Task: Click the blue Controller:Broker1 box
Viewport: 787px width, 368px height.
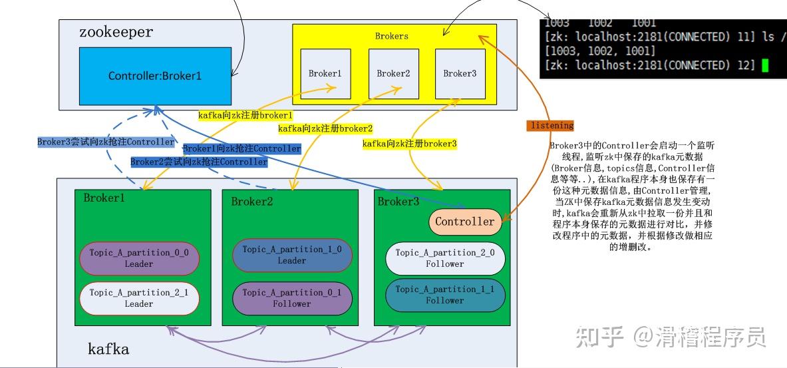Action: (155, 75)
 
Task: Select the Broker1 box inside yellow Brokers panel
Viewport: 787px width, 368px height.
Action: (325, 74)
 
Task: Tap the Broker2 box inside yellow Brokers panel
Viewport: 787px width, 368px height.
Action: (393, 74)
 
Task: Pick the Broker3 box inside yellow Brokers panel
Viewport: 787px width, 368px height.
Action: (460, 74)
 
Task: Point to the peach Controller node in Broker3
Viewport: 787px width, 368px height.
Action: (465, 222)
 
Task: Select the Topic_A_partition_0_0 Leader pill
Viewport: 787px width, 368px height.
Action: (139, 258)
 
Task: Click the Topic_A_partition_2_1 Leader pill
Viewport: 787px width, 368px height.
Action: (139, 297)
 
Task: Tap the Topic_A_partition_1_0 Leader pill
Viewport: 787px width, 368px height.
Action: (292, 254)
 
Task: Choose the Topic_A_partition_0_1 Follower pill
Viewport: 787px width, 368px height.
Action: (292, 297)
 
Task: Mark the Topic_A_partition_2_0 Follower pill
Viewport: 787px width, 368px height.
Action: (445, 258)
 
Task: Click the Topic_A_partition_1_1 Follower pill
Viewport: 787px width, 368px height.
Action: (445, 295)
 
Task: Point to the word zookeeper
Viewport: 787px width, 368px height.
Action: (116, 32)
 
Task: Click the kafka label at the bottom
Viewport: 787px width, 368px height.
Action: (108, 349)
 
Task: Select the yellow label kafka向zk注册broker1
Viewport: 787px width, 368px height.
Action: (245, 115)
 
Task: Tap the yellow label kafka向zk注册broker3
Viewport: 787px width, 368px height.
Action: (409, 144)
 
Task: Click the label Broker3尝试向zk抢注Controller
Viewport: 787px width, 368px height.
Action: (106, 142)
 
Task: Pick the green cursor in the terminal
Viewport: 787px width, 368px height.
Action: (765, 65)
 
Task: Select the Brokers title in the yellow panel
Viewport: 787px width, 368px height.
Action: (392, 36)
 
